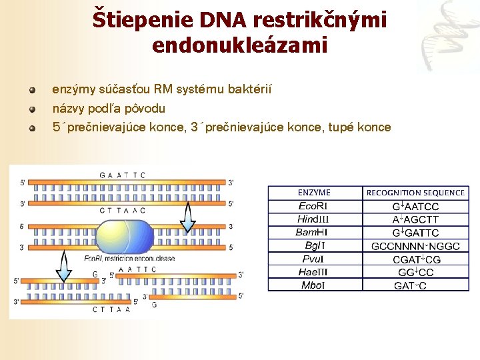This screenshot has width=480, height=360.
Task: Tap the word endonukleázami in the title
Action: [240, 45]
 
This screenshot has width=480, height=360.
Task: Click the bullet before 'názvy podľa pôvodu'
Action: [31, 108]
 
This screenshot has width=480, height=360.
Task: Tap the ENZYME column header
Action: [314, 193]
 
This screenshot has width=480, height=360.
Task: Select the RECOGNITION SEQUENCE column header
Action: [415, 193]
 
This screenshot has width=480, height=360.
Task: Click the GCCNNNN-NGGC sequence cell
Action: [415, 246]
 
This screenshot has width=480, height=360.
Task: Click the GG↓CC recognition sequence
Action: [415, 272]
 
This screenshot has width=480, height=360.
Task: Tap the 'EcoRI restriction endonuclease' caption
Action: [129, 258]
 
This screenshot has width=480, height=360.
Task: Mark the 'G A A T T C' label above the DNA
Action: [122, 175]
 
